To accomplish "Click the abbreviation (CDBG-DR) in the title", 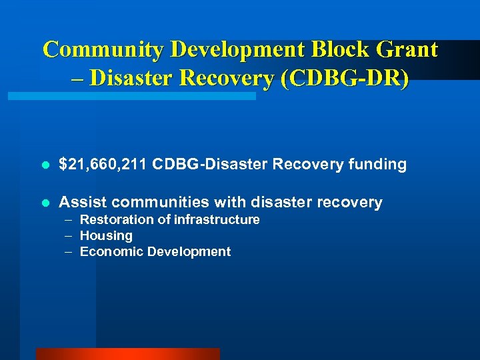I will pyautogui.click(x=345, y=78).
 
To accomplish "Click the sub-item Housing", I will pyautogui.click(x=106, y=236).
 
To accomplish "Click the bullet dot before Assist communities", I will pyautogui.click(x=44, y=203).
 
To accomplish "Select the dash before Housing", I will pyautogui.click(x=69, y=236).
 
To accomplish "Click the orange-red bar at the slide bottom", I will pyautogui.click(x=127, y=354).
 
